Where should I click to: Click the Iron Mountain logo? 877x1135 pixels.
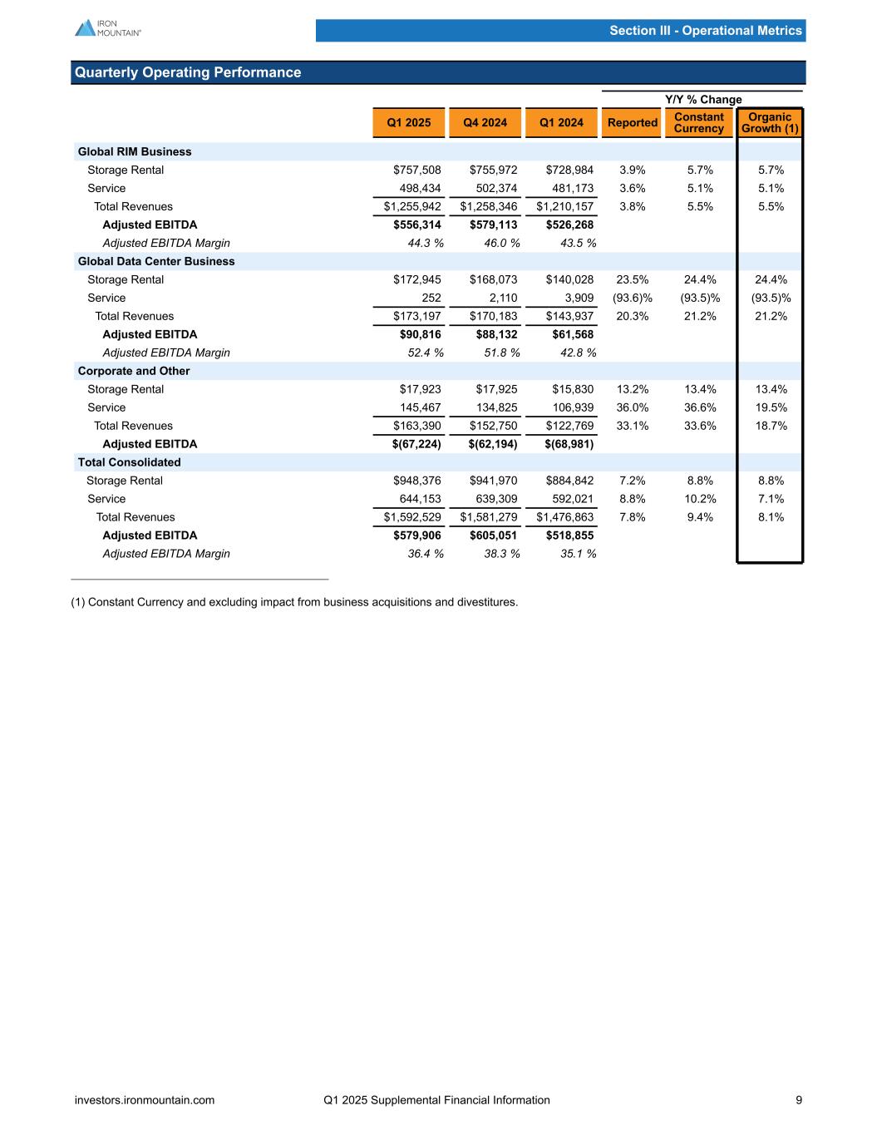pyautogui.click(x=108, y=27)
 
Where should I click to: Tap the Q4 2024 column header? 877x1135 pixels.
pyautogui.click(x=484, y=123)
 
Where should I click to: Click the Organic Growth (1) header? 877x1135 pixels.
pyautogui.click(x=770, y=122)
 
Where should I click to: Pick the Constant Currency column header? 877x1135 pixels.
pyautogui.click(x=698, y=122)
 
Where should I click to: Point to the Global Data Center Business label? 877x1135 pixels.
pyautogui.click(x=156, y=261)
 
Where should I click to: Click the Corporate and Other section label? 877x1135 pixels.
pyautogui.click(x=134, y=371)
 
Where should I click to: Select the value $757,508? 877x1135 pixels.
pyautogui.click(x=417, y=170)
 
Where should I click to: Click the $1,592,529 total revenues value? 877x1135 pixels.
pyautogui.click(x=407, y=517)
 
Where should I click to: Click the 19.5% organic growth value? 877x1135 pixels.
pyautogui.click(x=771, y=407)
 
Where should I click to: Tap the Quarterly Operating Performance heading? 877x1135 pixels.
pyautogui.click(x=188, y=72)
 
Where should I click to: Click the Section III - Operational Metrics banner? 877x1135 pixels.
pyautogui.click(x=705, y=31)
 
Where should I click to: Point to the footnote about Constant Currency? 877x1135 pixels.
pyautogui.click(x=294, y=602)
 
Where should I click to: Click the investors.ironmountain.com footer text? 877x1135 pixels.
pyautogui.click(x=145, y=1100)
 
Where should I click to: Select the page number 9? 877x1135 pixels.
pyautogui.click(x=799, y=1100)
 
